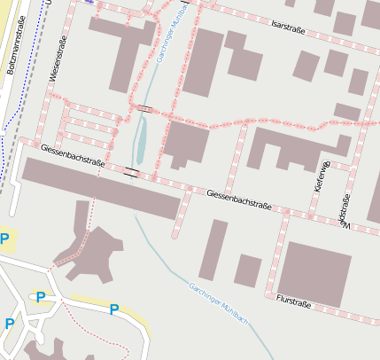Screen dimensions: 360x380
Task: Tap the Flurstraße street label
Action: click(294, 303)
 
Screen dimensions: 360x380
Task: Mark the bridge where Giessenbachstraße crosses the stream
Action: click(132, 170)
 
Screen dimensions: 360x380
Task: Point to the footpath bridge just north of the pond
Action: click(144, 108)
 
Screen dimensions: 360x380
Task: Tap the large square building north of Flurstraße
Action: click(315, 272)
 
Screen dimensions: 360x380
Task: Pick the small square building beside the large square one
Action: click(247, 270)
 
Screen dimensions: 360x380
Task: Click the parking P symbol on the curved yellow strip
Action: click(113, 309)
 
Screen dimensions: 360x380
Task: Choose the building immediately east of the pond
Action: click(185, 144)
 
